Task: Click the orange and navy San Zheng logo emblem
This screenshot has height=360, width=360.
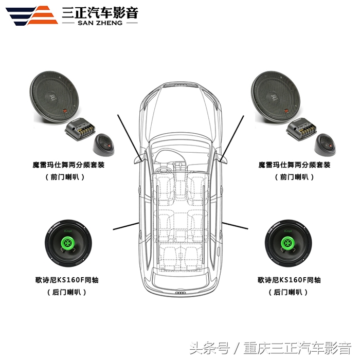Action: pos(32,15)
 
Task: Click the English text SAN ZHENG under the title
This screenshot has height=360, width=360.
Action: pos(100,23)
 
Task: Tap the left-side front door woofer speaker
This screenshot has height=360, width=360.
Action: pos(55,97)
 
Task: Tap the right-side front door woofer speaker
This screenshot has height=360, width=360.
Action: pos(276,97)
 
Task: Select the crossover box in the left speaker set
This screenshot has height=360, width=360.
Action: pos(80,128)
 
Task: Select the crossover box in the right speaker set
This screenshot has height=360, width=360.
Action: pos(301,128)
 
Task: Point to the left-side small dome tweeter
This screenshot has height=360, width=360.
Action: pos(103,145)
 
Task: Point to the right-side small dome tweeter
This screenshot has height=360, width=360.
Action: pos(325,145)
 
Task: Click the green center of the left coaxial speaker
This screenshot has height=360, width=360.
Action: pos(68,243)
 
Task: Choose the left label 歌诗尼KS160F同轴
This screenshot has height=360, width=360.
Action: pos(67,280)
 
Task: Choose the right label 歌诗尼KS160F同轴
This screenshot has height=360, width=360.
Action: pos(289,280)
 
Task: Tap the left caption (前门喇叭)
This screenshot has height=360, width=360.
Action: pos(65,177)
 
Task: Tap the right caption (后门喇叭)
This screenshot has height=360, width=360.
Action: pos(288,292)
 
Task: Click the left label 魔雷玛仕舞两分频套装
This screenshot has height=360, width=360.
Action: pos(68,165)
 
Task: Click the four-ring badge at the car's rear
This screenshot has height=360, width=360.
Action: pos(181,293)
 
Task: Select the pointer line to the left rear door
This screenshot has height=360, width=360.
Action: pos(126,226)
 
